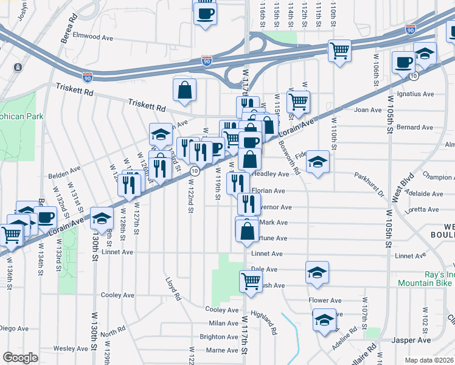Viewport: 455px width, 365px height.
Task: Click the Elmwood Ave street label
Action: point(93,36)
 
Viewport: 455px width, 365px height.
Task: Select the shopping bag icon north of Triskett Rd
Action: point(184,90)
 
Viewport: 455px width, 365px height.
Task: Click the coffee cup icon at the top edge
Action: point(205,12)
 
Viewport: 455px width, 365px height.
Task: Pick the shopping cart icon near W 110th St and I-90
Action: point(339,50)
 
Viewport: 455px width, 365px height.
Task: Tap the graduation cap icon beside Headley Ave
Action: point(317,162)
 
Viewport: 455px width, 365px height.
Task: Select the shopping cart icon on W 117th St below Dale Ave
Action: point(251,281)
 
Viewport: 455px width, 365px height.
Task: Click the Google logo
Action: point(20,357)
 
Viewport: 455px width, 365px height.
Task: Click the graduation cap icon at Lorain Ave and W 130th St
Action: point(102,218)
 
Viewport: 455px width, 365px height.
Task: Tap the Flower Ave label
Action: point(325,301)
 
